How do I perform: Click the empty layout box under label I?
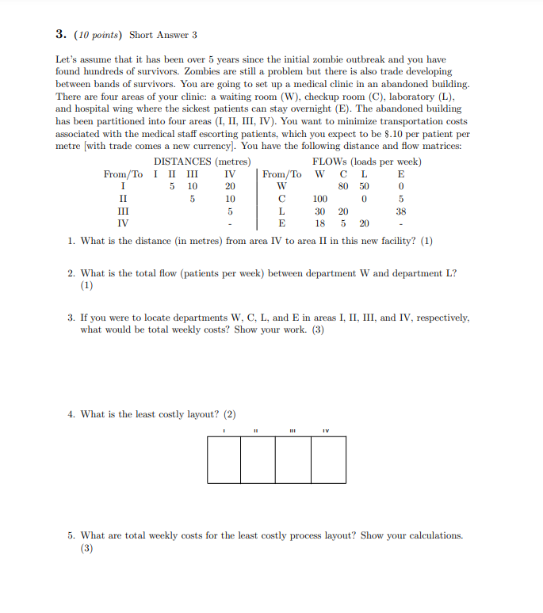point(224,459)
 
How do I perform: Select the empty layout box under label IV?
point(328,459)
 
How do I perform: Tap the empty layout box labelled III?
point(293,459)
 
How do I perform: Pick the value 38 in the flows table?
point(401,211)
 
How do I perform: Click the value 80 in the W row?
point(343,187)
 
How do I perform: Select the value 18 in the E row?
point(320,224)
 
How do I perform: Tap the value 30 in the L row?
point(320,211)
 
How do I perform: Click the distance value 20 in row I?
point(230,187)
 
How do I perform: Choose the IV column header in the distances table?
point(230,174)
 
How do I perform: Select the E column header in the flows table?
point(401,174)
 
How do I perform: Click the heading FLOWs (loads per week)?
point(367,162)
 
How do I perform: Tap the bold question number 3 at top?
point(61,34)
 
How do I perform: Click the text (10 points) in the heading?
point(98,35)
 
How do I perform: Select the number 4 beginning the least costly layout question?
point(71,414)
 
